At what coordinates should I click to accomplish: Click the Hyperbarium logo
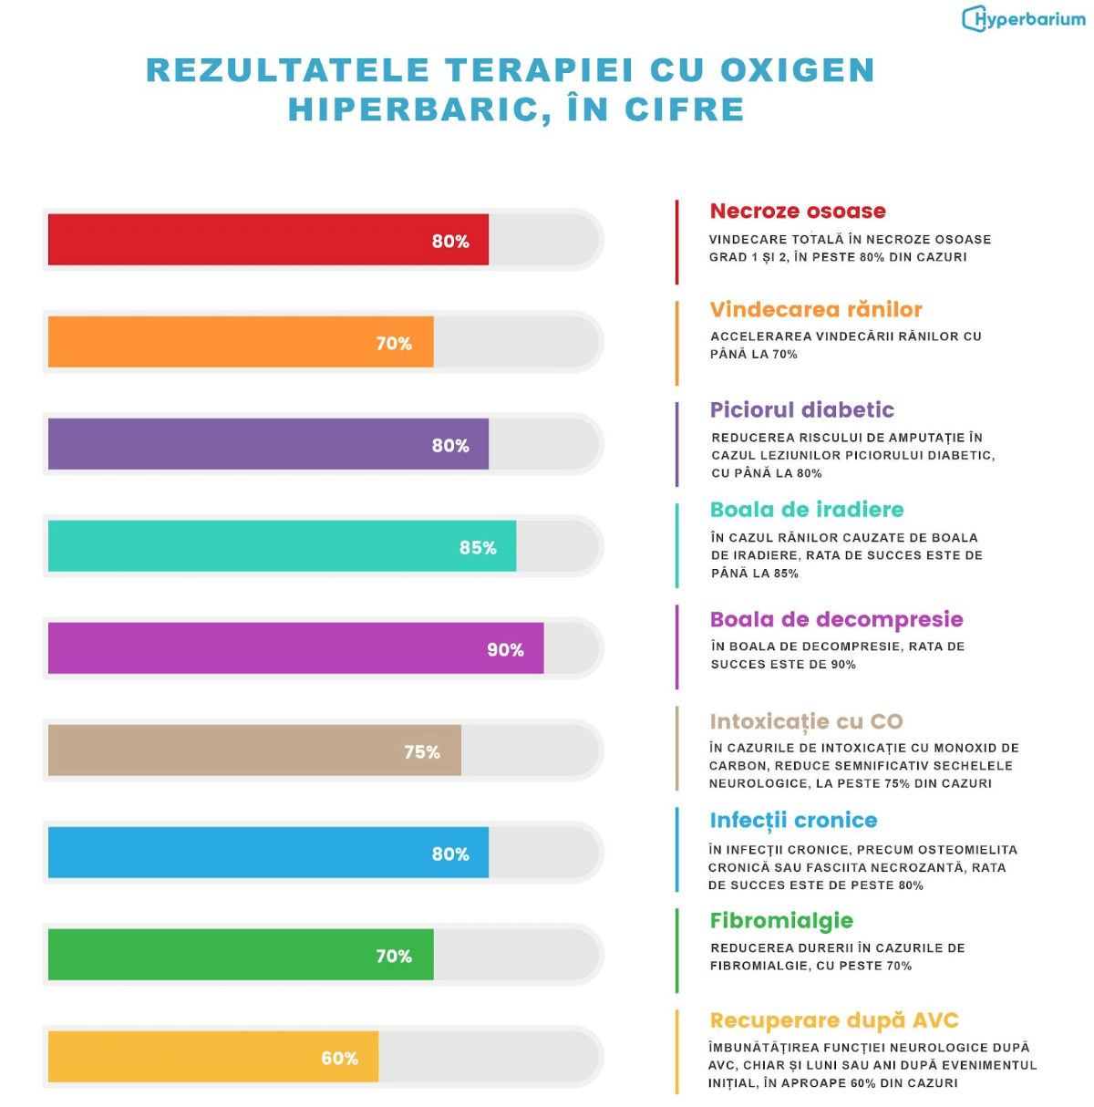pyautogui.click(x=1023, y=18)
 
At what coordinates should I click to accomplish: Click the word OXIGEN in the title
pyautogui.click(x=798, y=70)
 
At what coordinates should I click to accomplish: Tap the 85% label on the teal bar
pyautogui.click(x=478, y=547)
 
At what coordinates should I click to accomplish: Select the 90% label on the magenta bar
pyautogui.click(x=505, y=649)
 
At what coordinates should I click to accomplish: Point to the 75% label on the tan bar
pyautogui.click(x=422, y=751)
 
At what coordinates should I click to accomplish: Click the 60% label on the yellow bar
pyautogui.click(x=339, y=1058)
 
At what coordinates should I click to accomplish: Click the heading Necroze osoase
pyautogui.click(x=798, y=211)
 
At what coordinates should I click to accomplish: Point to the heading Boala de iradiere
pyautogui.click(x=807, y=509)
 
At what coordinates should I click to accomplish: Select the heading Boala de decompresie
pyautogui.click(x=836, y=619)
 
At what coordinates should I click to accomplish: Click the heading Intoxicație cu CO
pyautogui.click(x=806, y=721)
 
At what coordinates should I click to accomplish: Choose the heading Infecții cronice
pyautogui.click(x=793, y=820)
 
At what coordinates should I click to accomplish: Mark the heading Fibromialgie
pyautogui.click(x=781, y=920)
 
